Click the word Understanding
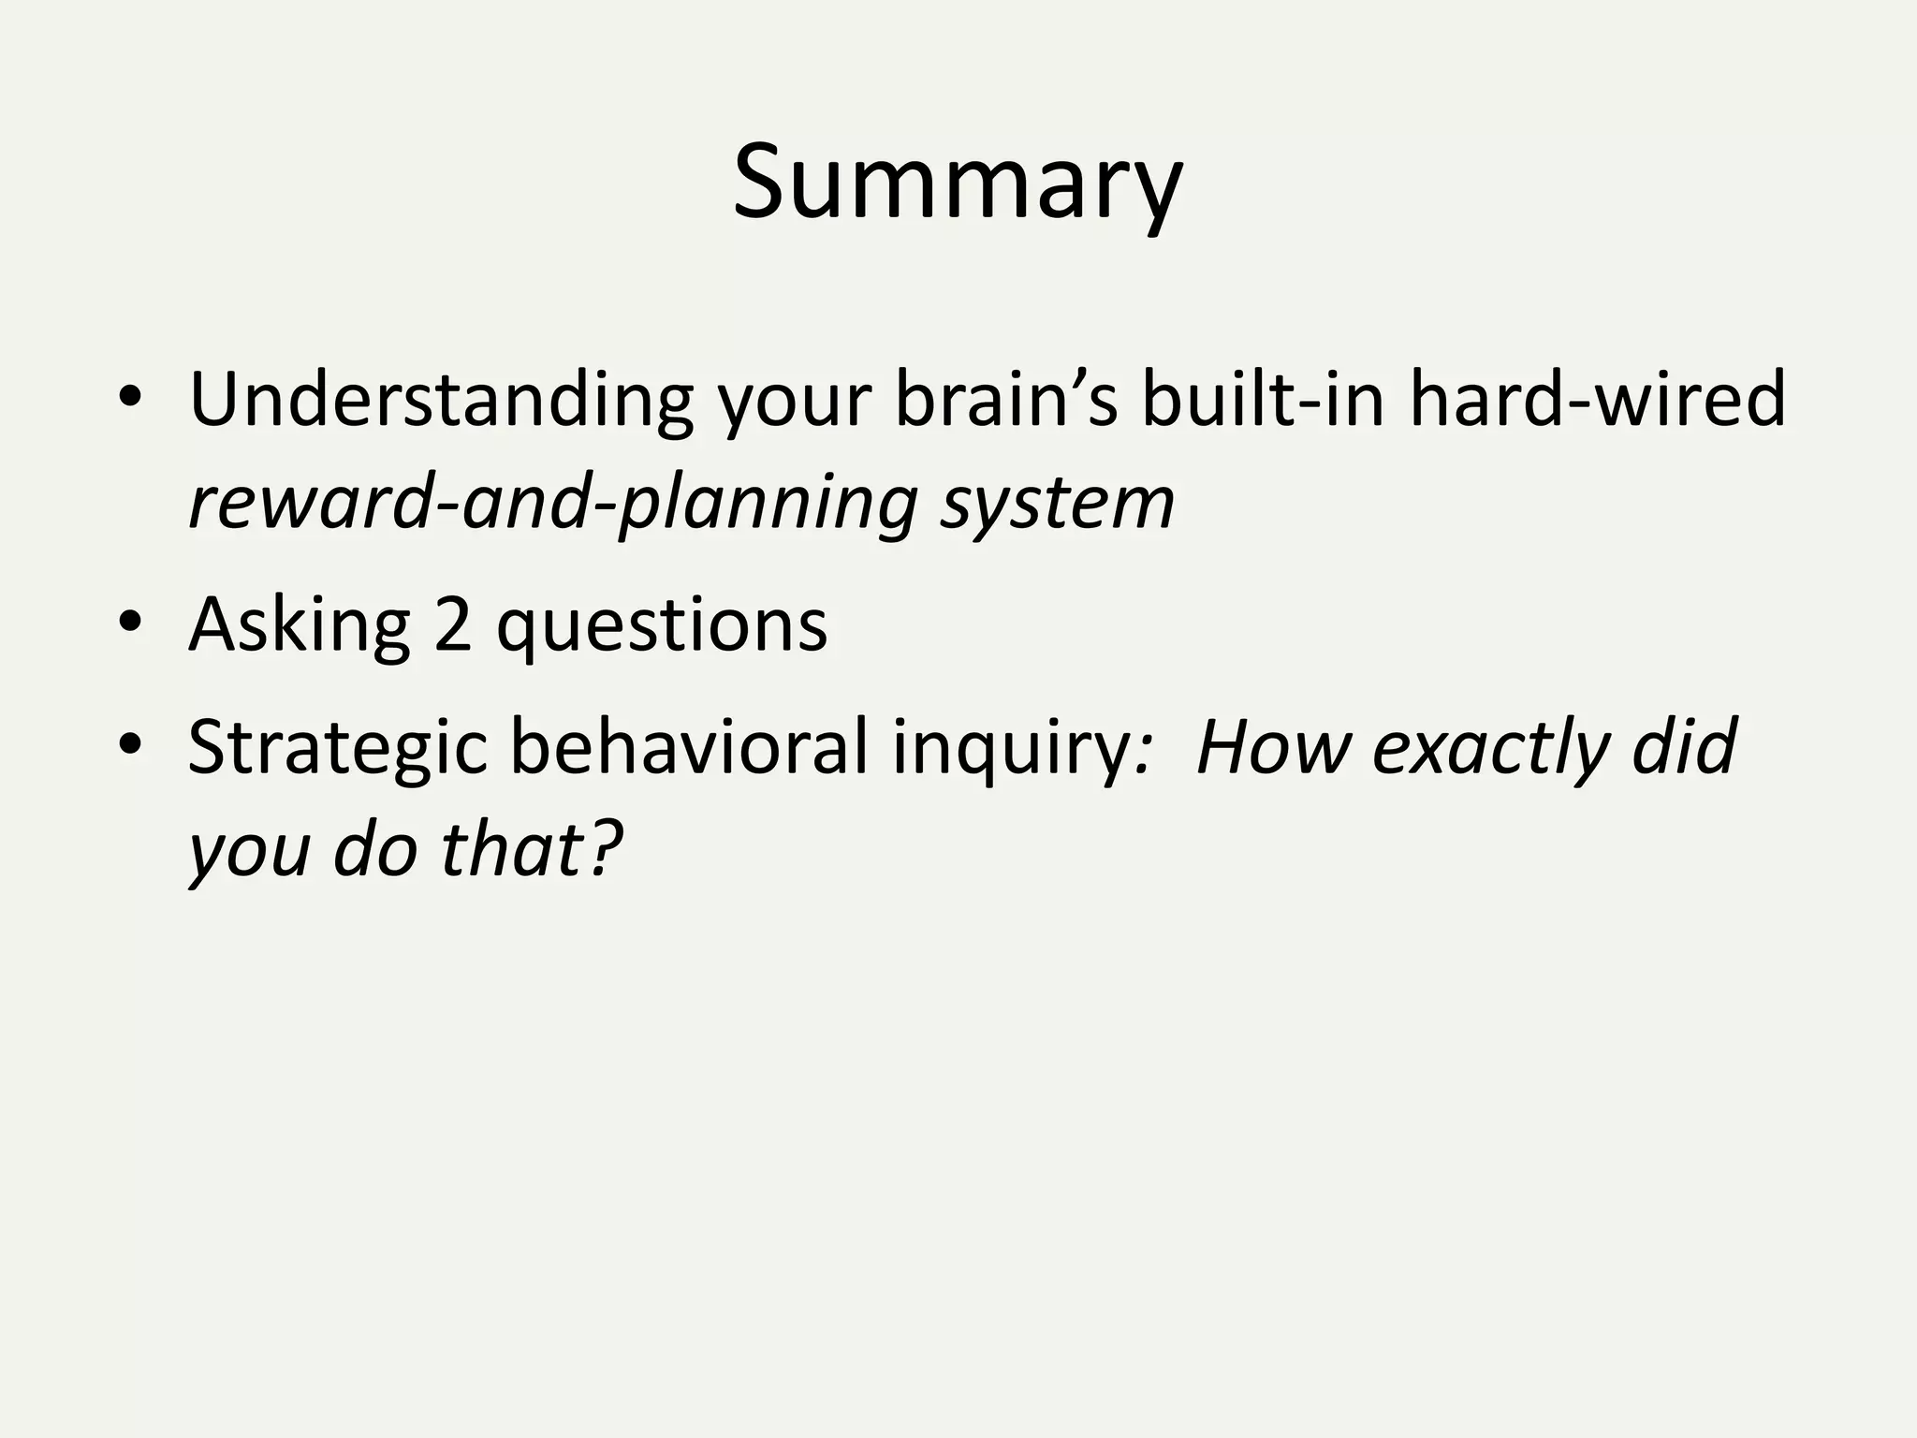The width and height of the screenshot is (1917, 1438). pos(440,401)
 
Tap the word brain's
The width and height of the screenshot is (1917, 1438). pos(1005,401)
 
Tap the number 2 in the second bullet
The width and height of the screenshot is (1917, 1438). pos(452,625)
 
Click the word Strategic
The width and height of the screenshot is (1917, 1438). pos(338,749)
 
